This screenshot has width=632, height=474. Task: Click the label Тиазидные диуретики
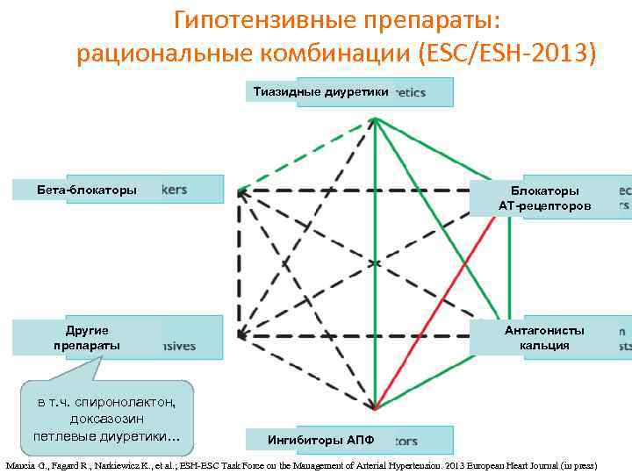320,91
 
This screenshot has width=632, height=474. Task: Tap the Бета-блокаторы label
87,190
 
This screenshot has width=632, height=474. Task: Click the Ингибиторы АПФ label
320,440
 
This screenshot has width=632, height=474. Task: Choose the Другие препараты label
87,338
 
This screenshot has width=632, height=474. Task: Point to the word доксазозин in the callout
106,419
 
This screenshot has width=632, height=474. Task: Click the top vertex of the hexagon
375,120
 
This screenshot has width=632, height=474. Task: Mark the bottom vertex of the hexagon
375,409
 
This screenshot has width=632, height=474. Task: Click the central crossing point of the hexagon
375,262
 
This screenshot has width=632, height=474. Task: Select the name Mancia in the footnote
23,465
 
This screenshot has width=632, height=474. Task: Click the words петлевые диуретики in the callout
106,435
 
